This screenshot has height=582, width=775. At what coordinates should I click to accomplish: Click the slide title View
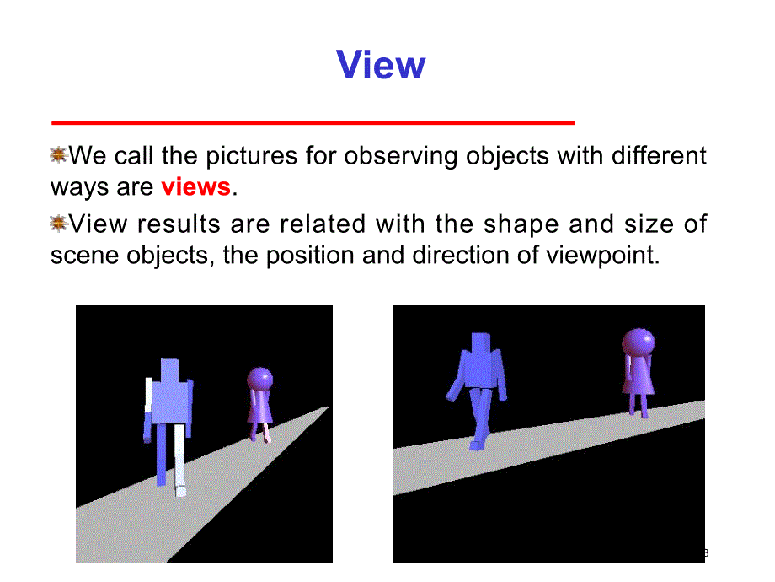381,65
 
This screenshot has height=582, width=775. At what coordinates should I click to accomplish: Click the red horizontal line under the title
313,123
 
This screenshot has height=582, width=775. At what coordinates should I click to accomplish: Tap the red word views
195,186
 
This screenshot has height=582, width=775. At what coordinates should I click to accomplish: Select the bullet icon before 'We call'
59,154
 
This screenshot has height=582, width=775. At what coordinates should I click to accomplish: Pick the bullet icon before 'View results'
59,223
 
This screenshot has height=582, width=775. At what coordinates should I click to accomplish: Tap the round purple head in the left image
259,379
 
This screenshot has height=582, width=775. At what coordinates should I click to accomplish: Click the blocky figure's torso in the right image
481,368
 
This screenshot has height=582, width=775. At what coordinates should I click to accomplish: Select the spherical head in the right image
638,342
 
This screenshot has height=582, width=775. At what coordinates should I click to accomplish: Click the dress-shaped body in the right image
638,375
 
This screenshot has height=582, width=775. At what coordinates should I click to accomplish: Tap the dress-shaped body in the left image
260,407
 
